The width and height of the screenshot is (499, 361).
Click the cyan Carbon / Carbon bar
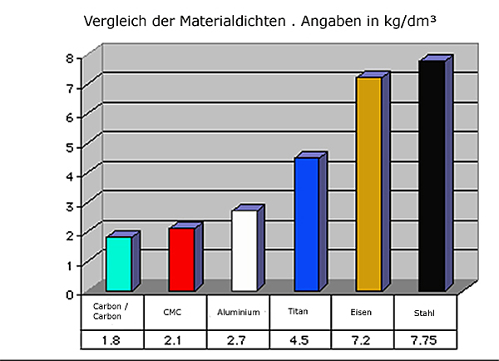119,264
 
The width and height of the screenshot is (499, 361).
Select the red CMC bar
181,260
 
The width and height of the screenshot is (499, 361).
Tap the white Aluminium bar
244,250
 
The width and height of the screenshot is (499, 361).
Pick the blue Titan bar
306,225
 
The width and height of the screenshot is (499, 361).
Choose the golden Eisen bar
368,184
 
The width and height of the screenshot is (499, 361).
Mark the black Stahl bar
431,176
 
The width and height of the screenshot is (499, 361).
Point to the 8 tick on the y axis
71,57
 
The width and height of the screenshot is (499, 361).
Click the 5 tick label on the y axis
71,146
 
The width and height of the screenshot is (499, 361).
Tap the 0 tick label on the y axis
71,294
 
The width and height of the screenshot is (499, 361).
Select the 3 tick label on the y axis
71,205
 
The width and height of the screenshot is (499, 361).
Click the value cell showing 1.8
111,339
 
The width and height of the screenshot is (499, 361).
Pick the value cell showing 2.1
175,339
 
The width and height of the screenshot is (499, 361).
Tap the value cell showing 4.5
300,339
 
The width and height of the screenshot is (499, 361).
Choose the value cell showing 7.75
426,339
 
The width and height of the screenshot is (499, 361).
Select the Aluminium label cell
237,312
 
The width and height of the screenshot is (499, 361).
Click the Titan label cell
300,312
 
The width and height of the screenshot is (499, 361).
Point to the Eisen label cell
363,312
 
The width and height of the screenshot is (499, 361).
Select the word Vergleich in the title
113,19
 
